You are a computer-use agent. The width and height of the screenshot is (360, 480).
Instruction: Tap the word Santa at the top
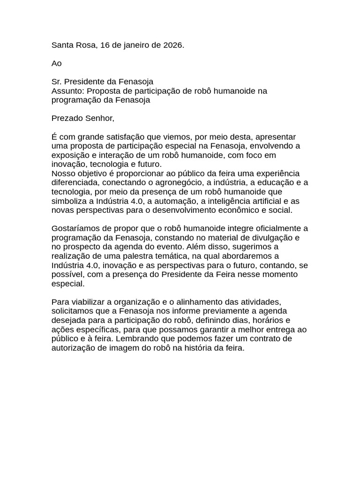[62, 45]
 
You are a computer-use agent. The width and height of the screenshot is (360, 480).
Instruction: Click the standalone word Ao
[57, 63]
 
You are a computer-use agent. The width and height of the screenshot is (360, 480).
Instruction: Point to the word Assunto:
[68, 91]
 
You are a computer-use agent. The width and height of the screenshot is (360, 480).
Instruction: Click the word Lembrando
[139, 338]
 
